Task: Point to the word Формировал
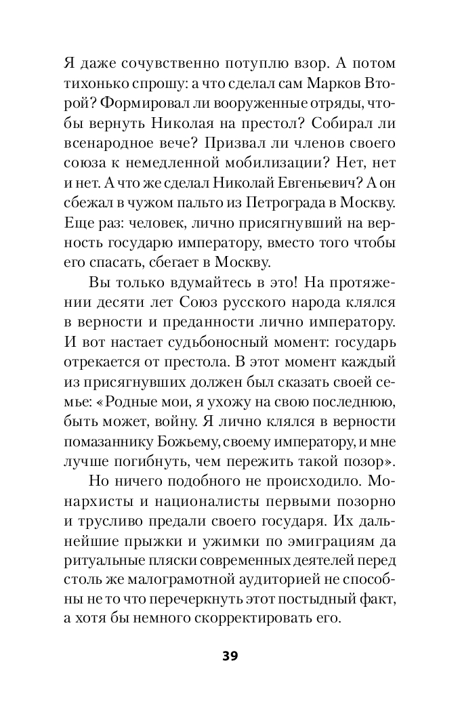[131, 105]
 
